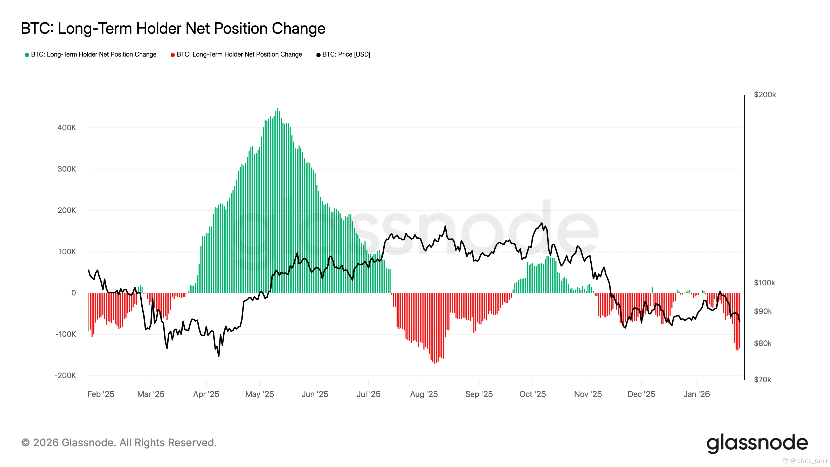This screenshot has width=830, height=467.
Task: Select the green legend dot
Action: (27, 55)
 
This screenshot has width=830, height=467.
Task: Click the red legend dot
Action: (173, 55)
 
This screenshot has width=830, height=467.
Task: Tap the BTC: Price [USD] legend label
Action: (346, 54)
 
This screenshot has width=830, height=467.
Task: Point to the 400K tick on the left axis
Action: (67, 128)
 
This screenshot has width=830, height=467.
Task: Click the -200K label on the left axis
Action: (65, 375)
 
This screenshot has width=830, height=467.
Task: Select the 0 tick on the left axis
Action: (74, 293)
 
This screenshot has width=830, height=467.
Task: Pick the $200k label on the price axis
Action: (765, 95)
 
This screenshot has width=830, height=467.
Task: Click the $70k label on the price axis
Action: (762, 380)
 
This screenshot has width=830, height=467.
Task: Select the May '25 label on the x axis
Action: (259, 394)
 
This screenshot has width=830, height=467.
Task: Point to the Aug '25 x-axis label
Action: (424, 394)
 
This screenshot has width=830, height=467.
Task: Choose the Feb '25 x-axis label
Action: (101, 394)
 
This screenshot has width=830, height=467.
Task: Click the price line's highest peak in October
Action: (542, 223)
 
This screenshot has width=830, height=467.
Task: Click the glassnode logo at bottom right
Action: (757, 443)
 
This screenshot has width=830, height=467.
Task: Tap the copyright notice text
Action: (119, 443)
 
